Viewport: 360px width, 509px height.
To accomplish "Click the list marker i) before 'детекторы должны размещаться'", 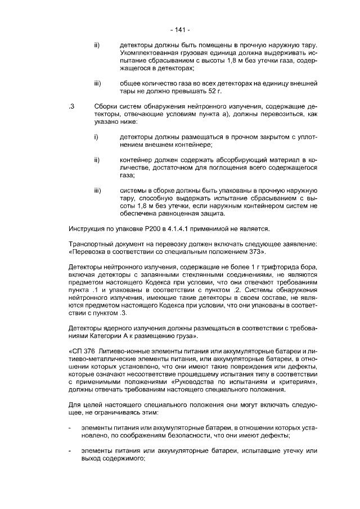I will coord(96,137).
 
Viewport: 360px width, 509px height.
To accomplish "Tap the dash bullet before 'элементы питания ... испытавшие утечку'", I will coord(70,451).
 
